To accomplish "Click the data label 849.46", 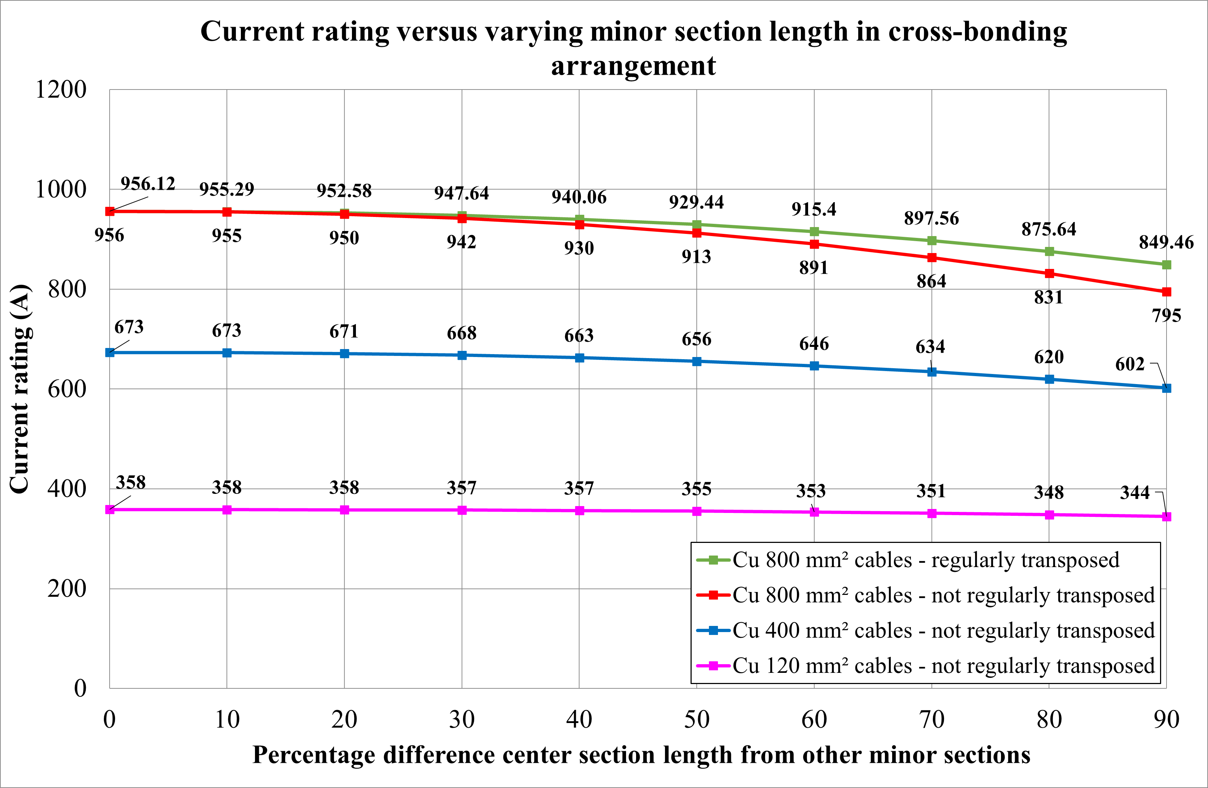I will tap(1166, 242).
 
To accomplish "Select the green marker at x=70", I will tap(931, 241).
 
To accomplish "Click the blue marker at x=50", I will tap(696, 361).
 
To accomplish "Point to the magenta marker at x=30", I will tap(462, 510).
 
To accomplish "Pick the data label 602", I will tap(1129, 364).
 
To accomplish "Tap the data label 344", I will tap(1134, 493).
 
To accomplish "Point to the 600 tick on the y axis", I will tap(66, 389).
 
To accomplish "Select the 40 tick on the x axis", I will tap(579, 719).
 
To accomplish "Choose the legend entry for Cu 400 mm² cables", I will tap(943, 631).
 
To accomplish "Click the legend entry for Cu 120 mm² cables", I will tap(943, 666).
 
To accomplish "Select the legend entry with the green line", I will tap(925, 560).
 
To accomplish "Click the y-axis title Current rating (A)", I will tap(20, 389).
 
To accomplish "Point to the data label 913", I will tap(696, 257).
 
